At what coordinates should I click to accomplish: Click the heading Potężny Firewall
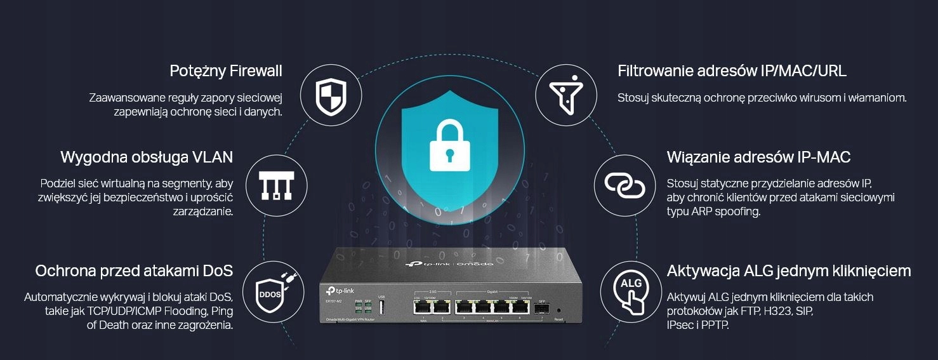[226, 71]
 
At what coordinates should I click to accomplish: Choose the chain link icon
[624, 185]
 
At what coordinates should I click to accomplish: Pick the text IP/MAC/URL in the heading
[803, 71]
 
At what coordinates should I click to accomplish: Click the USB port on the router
[381, 307]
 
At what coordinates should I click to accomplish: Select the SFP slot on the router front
[541, 308]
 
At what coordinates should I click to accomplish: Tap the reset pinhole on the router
[558, 310]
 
